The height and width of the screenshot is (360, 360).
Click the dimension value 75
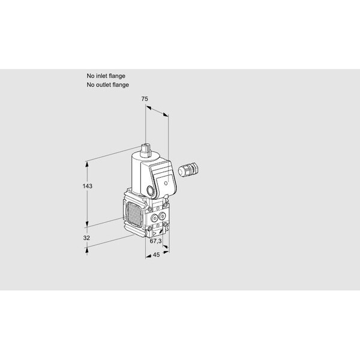(145, 99)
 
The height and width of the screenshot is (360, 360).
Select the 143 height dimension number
(88, 186)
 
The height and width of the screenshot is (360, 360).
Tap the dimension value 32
(86, 238)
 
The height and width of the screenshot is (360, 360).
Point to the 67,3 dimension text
(155, 241)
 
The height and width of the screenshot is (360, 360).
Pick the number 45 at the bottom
(156, 254)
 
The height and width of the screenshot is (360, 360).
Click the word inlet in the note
(100, 76)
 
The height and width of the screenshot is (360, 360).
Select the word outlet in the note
(103, 85)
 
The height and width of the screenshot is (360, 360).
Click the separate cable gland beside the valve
(188, 170)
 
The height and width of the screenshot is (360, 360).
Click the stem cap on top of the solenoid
(145, 151)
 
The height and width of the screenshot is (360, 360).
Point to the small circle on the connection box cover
(166, 183)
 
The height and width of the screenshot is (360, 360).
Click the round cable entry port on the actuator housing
(151, 191)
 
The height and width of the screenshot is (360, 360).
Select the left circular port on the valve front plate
(155, 217)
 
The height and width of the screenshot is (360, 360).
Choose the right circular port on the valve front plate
(162, 215)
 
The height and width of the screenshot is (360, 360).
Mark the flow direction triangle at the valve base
(154, 233)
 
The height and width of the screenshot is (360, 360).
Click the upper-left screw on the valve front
(150, 209)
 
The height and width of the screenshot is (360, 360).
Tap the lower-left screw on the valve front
(150, 228)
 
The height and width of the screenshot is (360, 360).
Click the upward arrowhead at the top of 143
(87, 164)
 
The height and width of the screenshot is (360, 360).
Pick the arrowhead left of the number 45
(148, 256)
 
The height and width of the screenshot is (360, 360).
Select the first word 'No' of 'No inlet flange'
(90, 76)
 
